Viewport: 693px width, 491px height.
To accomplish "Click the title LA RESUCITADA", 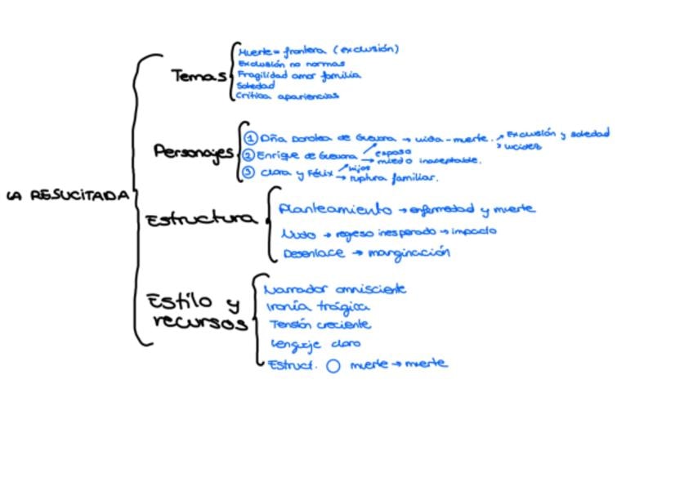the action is click(x=68, y=196).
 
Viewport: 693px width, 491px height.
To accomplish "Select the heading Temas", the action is click(x=198, y=76).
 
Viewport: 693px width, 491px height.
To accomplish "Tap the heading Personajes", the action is click(x=193, y=152).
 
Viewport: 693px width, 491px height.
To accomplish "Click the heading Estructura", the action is click(x=200, y=219).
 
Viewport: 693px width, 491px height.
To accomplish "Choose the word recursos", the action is click(x=200, y=322).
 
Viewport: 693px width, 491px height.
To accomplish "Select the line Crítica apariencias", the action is click(x=287, y=96).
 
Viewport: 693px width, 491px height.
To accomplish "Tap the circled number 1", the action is click(x=251, y=138).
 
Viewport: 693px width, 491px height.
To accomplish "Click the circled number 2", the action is click(x=248, y=155).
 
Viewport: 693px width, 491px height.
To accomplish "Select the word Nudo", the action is click(x=298, y=234).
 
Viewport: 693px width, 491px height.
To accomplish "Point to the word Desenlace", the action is click(x=314, y=254).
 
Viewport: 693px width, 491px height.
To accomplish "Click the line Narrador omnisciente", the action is click(x=335, y=289).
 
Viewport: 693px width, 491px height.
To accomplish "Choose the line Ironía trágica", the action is click(x=318, y=307).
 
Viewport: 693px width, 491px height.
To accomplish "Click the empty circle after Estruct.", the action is click(x=333, y=366).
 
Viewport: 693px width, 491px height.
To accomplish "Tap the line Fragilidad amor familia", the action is click(x=298, y=74).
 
